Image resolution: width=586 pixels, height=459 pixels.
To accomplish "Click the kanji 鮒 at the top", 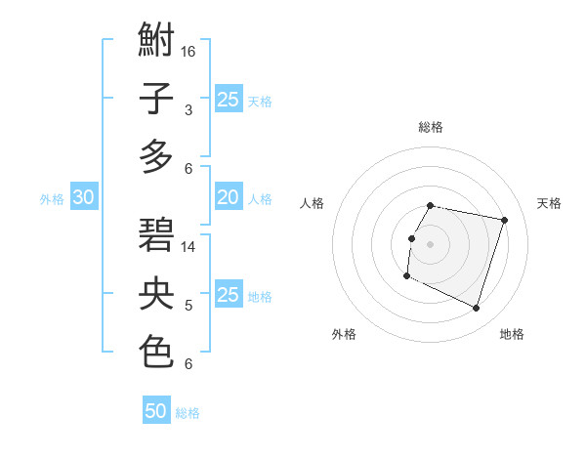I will coord(156,42).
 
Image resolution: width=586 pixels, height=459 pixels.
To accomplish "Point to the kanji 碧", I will coord(156,236).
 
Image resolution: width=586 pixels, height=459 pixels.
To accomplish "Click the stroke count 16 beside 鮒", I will coord(188,51).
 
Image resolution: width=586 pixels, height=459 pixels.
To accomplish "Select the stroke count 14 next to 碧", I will coord(188,246).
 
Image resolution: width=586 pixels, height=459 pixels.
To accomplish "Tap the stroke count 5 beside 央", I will coord(188,306).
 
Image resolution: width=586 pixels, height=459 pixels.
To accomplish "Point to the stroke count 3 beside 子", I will coord(188,110).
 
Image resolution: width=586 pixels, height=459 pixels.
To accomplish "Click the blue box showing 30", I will coord(83,197).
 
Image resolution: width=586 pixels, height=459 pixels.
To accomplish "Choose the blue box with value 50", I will coord(156,411).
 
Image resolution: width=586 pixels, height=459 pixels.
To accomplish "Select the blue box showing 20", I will coord(228,197).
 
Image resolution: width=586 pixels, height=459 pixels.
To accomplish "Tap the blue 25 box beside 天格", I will coord(228,99).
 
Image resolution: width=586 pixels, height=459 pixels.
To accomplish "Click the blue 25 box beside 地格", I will coord(228,295).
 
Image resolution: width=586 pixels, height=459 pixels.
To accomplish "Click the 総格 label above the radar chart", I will coord(431,127).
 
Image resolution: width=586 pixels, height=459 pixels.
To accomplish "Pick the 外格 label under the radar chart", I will coord(344,334).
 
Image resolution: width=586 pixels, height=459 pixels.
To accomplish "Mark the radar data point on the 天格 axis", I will coord(504,221).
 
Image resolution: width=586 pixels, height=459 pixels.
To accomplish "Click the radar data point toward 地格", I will coord(477,309).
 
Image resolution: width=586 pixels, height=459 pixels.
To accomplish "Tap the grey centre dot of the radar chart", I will coord(430,244).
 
